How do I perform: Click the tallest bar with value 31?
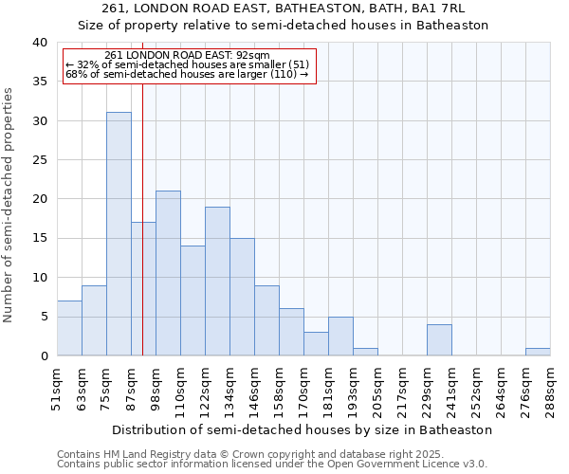point(119,233)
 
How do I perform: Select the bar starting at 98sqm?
point(168,273)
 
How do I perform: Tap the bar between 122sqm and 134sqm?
point(217,281)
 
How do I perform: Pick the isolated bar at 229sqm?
point(439,339)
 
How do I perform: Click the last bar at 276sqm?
point(538,352)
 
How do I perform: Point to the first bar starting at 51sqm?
point(69,328)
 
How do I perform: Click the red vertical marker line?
point(142,237)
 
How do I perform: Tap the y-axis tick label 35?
point(39,82)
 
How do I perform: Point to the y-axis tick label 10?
point(39,278)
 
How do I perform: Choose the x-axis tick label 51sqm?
point(58,386)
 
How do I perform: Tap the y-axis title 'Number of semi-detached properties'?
point(9,205)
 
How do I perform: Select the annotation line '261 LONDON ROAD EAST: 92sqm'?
point(187,55)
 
